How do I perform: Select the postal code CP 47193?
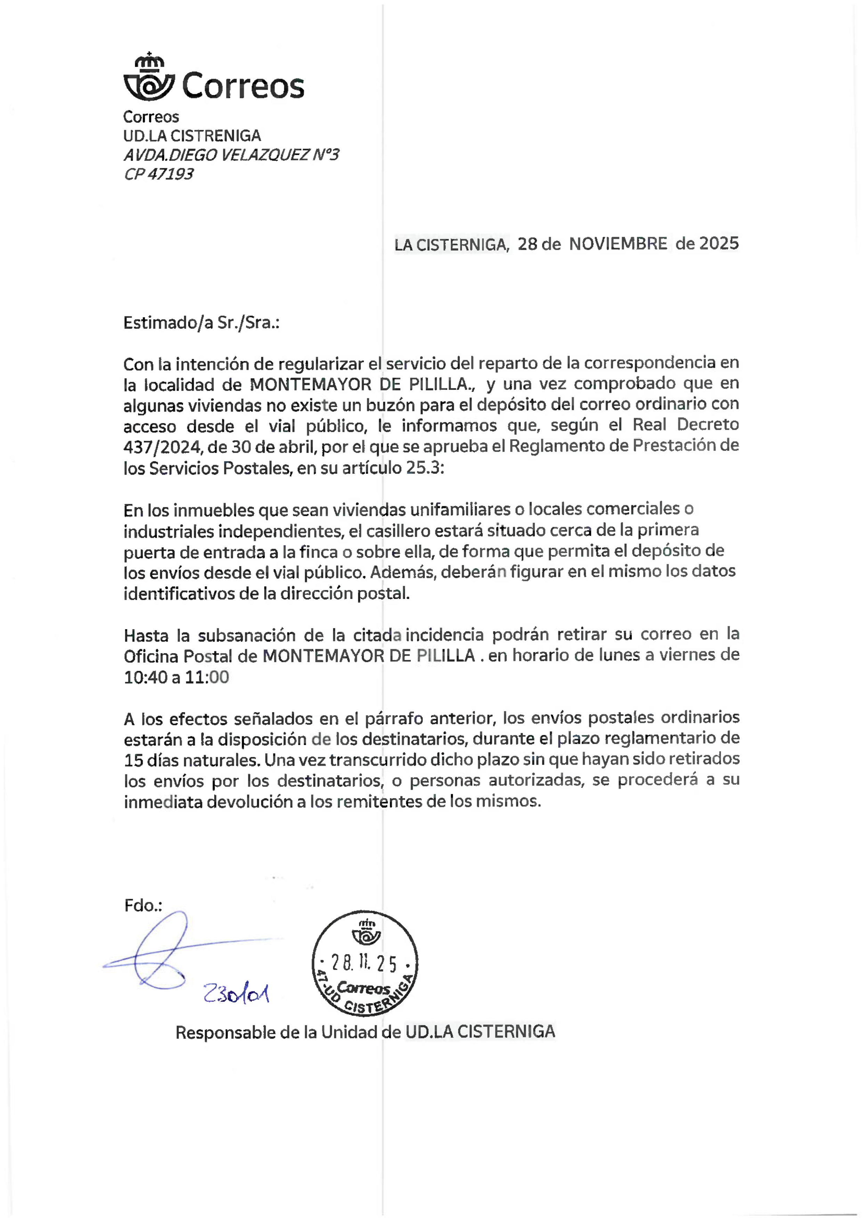158,174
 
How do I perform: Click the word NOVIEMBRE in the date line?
618,244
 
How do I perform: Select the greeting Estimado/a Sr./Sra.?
201,323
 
